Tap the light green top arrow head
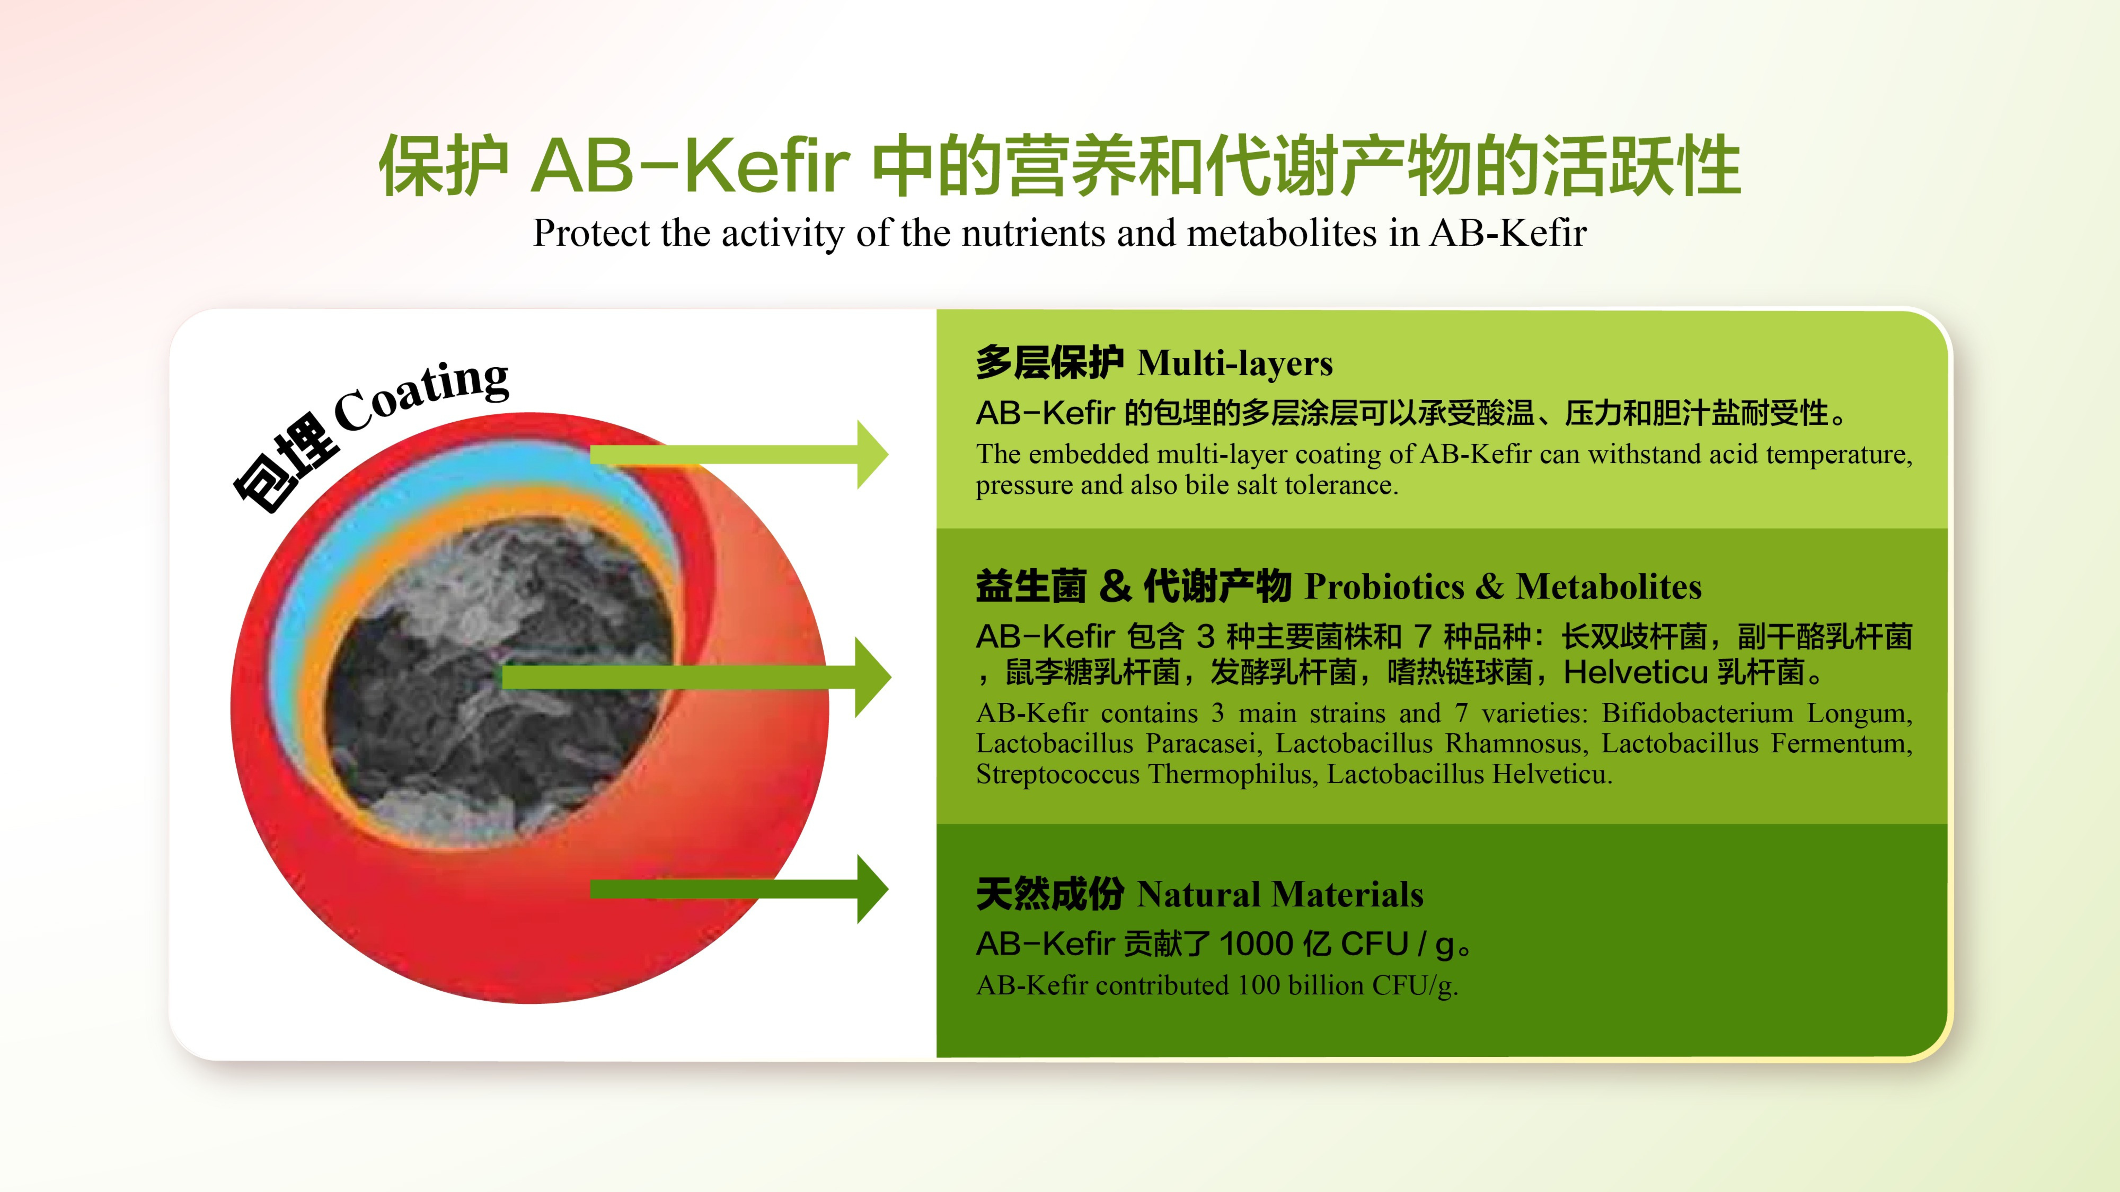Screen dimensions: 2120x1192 872,454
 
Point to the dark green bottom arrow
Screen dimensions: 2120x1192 739,889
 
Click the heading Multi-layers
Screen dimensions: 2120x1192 1235,363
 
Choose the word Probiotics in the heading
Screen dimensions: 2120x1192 1384,587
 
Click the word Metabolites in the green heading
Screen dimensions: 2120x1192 1609,587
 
